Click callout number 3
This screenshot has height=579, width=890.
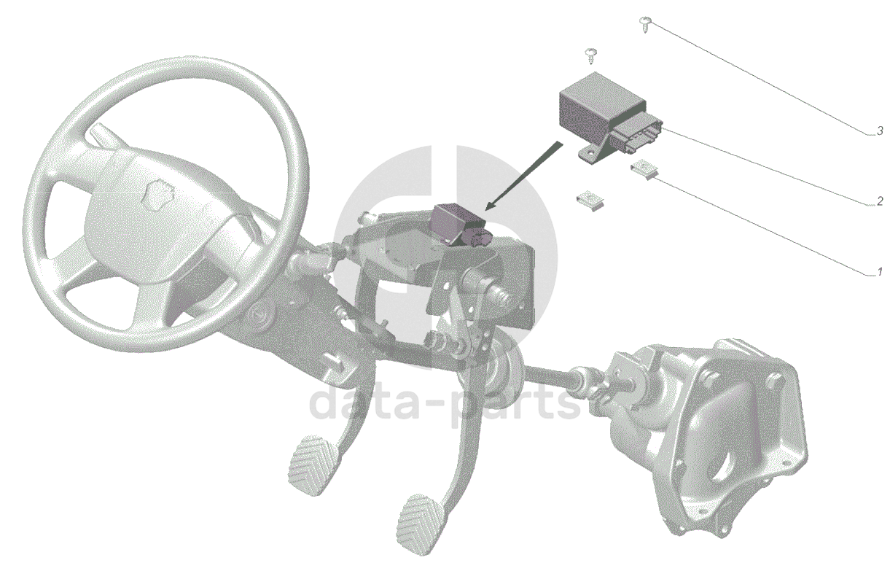point(880,131)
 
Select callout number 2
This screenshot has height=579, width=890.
point(880,202)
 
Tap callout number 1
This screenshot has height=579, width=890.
point(880,272)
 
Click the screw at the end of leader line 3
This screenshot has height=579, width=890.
point(644,24)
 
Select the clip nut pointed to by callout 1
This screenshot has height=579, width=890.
point(645,168)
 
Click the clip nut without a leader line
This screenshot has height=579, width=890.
point(590,201)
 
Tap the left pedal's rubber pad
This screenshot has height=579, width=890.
point(313,466)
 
